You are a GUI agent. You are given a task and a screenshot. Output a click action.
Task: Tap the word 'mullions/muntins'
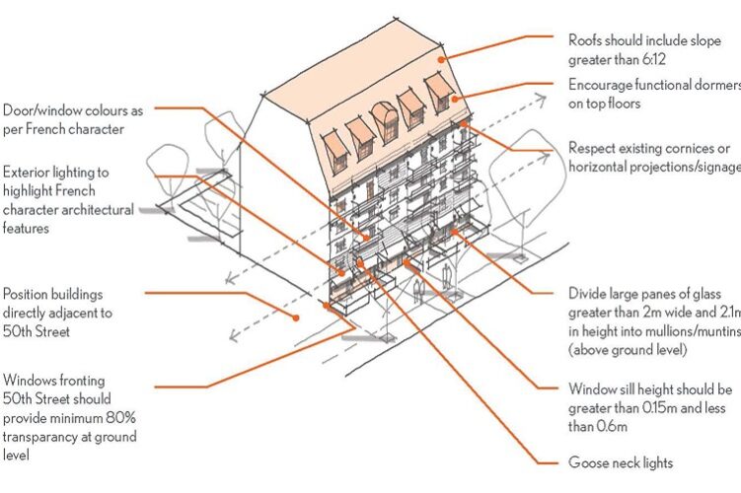point(680,331)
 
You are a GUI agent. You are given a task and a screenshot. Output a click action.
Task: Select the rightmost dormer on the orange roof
point(439,91)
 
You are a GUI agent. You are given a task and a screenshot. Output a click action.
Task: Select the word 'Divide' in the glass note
point(588,295)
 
